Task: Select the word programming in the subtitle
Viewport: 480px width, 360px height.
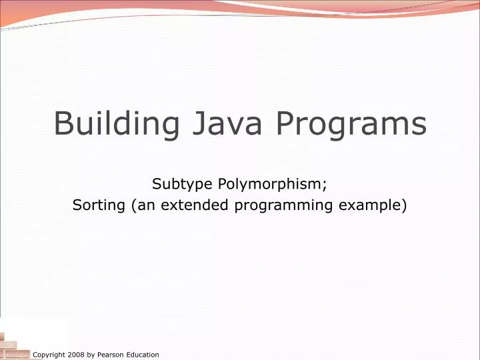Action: point(284,205)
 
